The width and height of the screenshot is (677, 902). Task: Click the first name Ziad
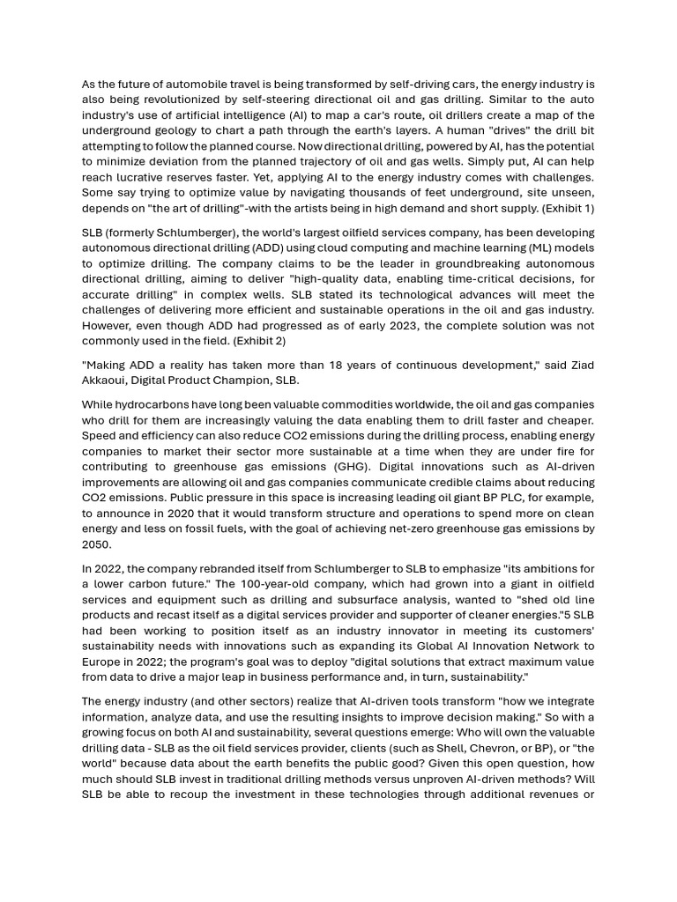pos(581,365)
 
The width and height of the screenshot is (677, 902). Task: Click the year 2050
pos(98,544)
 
